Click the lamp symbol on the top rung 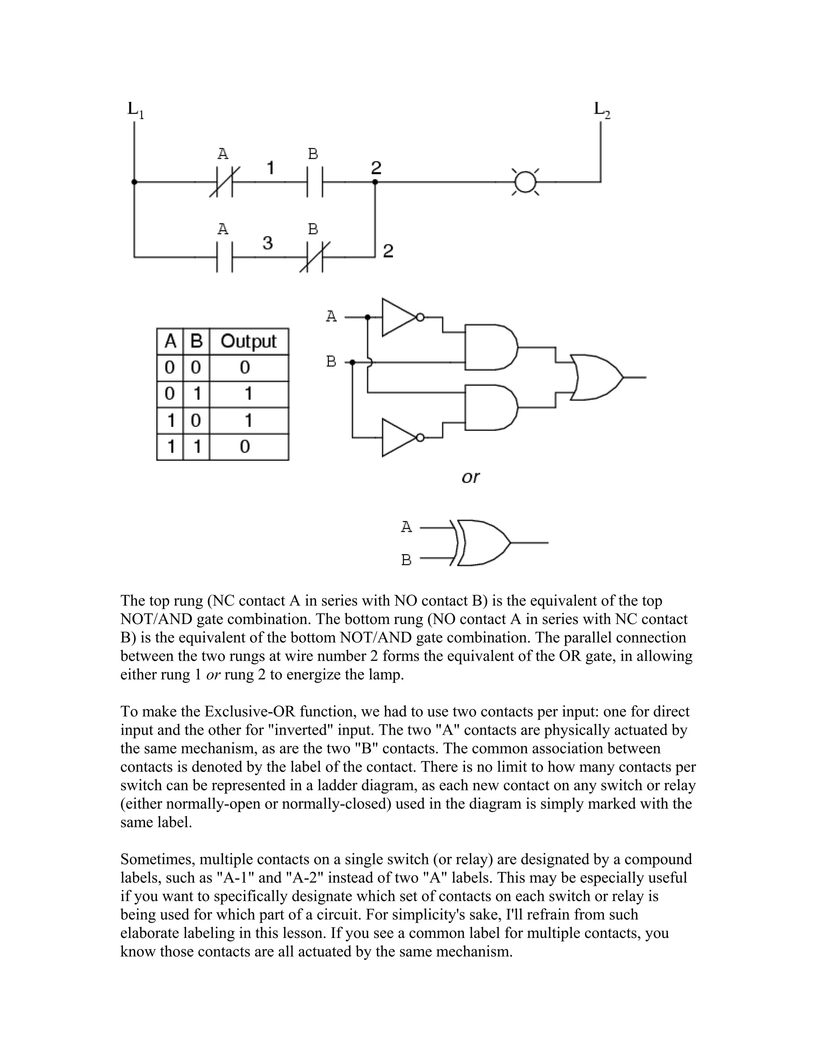tap(525, 182)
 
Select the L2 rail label tap(602, 110)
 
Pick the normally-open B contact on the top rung tap(316, 182)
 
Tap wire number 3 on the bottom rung tap(268, 243)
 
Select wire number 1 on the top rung tap(270, 168)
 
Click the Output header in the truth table tap(248, 341)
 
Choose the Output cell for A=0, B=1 tap(248, 394)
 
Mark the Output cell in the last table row tap(245, 447)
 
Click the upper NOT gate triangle tap(398, 318)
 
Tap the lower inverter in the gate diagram tap(398, 438)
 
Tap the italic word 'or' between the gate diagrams tap(470, 477)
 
